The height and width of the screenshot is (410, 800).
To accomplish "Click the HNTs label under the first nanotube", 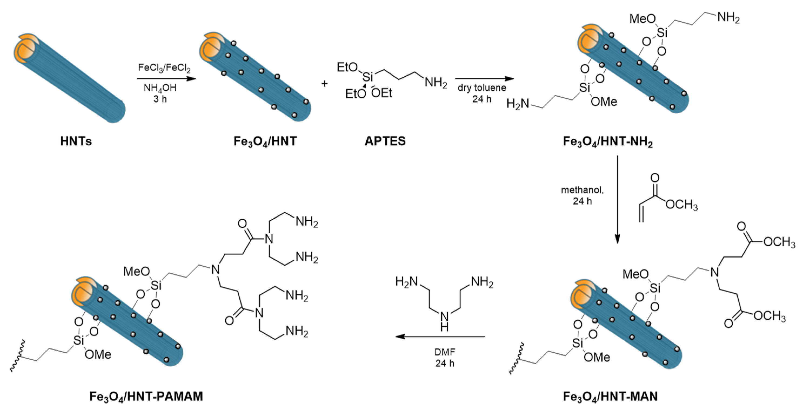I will click(76, 141).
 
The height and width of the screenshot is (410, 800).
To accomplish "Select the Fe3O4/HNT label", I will click(265, 141).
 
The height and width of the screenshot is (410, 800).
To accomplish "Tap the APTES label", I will click(385, 141).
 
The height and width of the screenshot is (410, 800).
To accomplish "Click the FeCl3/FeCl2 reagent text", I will click(164, 68).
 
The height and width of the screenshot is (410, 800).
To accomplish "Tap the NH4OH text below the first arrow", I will click(160, 88).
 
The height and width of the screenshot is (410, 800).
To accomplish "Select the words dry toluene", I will click(482, 88).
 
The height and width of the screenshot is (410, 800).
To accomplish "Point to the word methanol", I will click(582, 190).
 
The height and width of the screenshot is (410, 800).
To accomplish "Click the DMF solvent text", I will click(445, 352).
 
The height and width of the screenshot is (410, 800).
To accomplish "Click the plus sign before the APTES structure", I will click(324, 83).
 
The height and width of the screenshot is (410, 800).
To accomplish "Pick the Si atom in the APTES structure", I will click(368, 76).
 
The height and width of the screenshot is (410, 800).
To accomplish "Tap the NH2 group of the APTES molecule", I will click(436, 83).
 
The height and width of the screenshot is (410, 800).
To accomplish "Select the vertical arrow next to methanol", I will click(617, 199).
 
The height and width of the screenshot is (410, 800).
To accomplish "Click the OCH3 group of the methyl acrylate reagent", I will click(682, 205).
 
